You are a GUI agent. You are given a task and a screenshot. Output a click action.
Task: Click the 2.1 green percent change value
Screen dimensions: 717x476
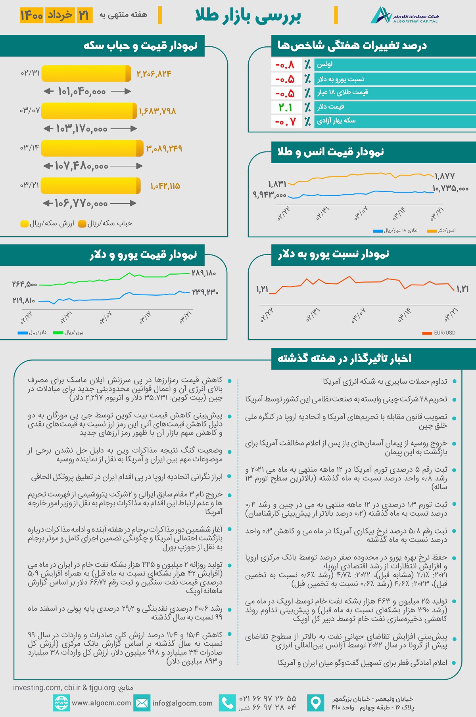tap(285, 107)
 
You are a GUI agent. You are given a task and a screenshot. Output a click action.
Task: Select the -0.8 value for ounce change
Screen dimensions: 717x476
tap(285, 65)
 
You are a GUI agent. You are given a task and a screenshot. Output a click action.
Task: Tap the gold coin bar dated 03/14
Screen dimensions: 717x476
tap(92, 148)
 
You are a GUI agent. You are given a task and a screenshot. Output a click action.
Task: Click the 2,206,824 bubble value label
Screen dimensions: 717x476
tap(154, 74)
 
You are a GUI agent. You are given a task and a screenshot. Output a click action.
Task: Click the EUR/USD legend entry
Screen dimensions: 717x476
tap(439, 333)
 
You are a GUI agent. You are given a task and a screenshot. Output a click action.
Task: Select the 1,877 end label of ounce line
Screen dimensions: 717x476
tap(445, 176)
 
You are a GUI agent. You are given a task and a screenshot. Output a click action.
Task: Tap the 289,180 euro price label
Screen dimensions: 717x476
tap(204, 273)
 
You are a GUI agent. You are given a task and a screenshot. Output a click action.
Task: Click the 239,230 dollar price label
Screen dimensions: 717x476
tap(205, 292)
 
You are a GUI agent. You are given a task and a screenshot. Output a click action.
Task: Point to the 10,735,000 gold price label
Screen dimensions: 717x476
tap(450, 189)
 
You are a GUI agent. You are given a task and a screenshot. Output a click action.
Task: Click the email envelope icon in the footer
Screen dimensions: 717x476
tap(142, 703)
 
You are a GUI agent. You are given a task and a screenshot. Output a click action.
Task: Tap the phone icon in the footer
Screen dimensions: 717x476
tap(227, 703)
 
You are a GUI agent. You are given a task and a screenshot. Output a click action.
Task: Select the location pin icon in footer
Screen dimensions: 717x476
tap(316, 703)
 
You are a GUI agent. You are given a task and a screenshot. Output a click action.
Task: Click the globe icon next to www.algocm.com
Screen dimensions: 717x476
tap(61, 703)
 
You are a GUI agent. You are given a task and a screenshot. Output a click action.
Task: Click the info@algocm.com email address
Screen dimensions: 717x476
tap(182, 703)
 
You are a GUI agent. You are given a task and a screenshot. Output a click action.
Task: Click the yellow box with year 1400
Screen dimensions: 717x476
tap(32, 15)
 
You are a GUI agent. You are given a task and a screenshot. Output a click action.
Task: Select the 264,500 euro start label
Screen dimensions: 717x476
tap(25, 284)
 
